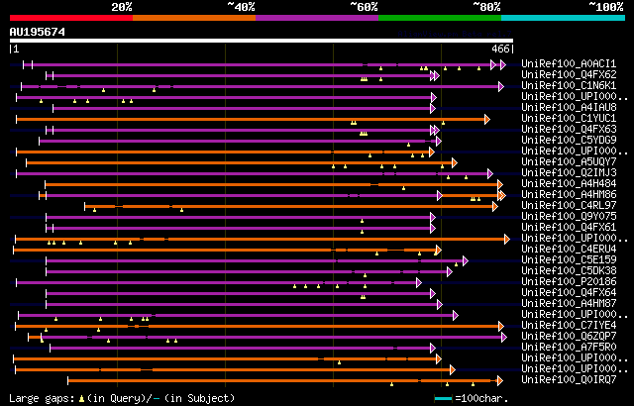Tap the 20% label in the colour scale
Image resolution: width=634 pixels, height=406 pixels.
(122, 6)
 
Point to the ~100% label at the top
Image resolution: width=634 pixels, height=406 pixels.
(605, 6)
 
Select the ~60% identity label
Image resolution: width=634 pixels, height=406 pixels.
(364, 6)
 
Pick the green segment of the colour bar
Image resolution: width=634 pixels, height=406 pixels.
(439, 17)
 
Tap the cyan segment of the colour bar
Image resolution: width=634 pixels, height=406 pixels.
(562, 17)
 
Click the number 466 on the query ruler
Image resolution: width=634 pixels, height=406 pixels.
(500, 48)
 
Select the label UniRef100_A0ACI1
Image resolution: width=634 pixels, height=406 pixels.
(568, 63)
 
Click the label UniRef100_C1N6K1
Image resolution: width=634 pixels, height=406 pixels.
(568, 85)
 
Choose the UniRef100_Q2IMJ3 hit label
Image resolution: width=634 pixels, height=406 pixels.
(568, 172)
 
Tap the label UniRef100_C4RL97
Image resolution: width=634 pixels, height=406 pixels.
(568, 205)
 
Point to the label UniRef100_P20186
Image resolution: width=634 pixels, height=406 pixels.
(568, 281)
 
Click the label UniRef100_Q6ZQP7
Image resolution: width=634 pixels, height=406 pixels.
(568, 336)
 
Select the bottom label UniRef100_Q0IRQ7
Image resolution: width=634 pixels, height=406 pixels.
(568, 379)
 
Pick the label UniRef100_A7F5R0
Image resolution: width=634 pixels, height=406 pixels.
(568, 347)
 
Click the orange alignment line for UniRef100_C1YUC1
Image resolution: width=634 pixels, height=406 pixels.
(248, 119)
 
